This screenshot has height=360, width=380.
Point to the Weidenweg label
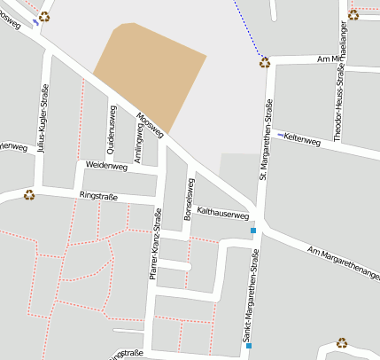106,166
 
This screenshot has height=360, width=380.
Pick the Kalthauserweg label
222,214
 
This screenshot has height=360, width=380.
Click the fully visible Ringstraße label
98,194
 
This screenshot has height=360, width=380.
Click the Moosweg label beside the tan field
151,125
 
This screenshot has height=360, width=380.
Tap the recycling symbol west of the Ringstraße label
29,194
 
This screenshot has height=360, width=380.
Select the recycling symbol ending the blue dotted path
264,62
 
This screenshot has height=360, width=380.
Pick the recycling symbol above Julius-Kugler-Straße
44,16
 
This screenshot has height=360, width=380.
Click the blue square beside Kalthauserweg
252,231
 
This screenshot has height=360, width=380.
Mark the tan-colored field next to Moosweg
149,59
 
